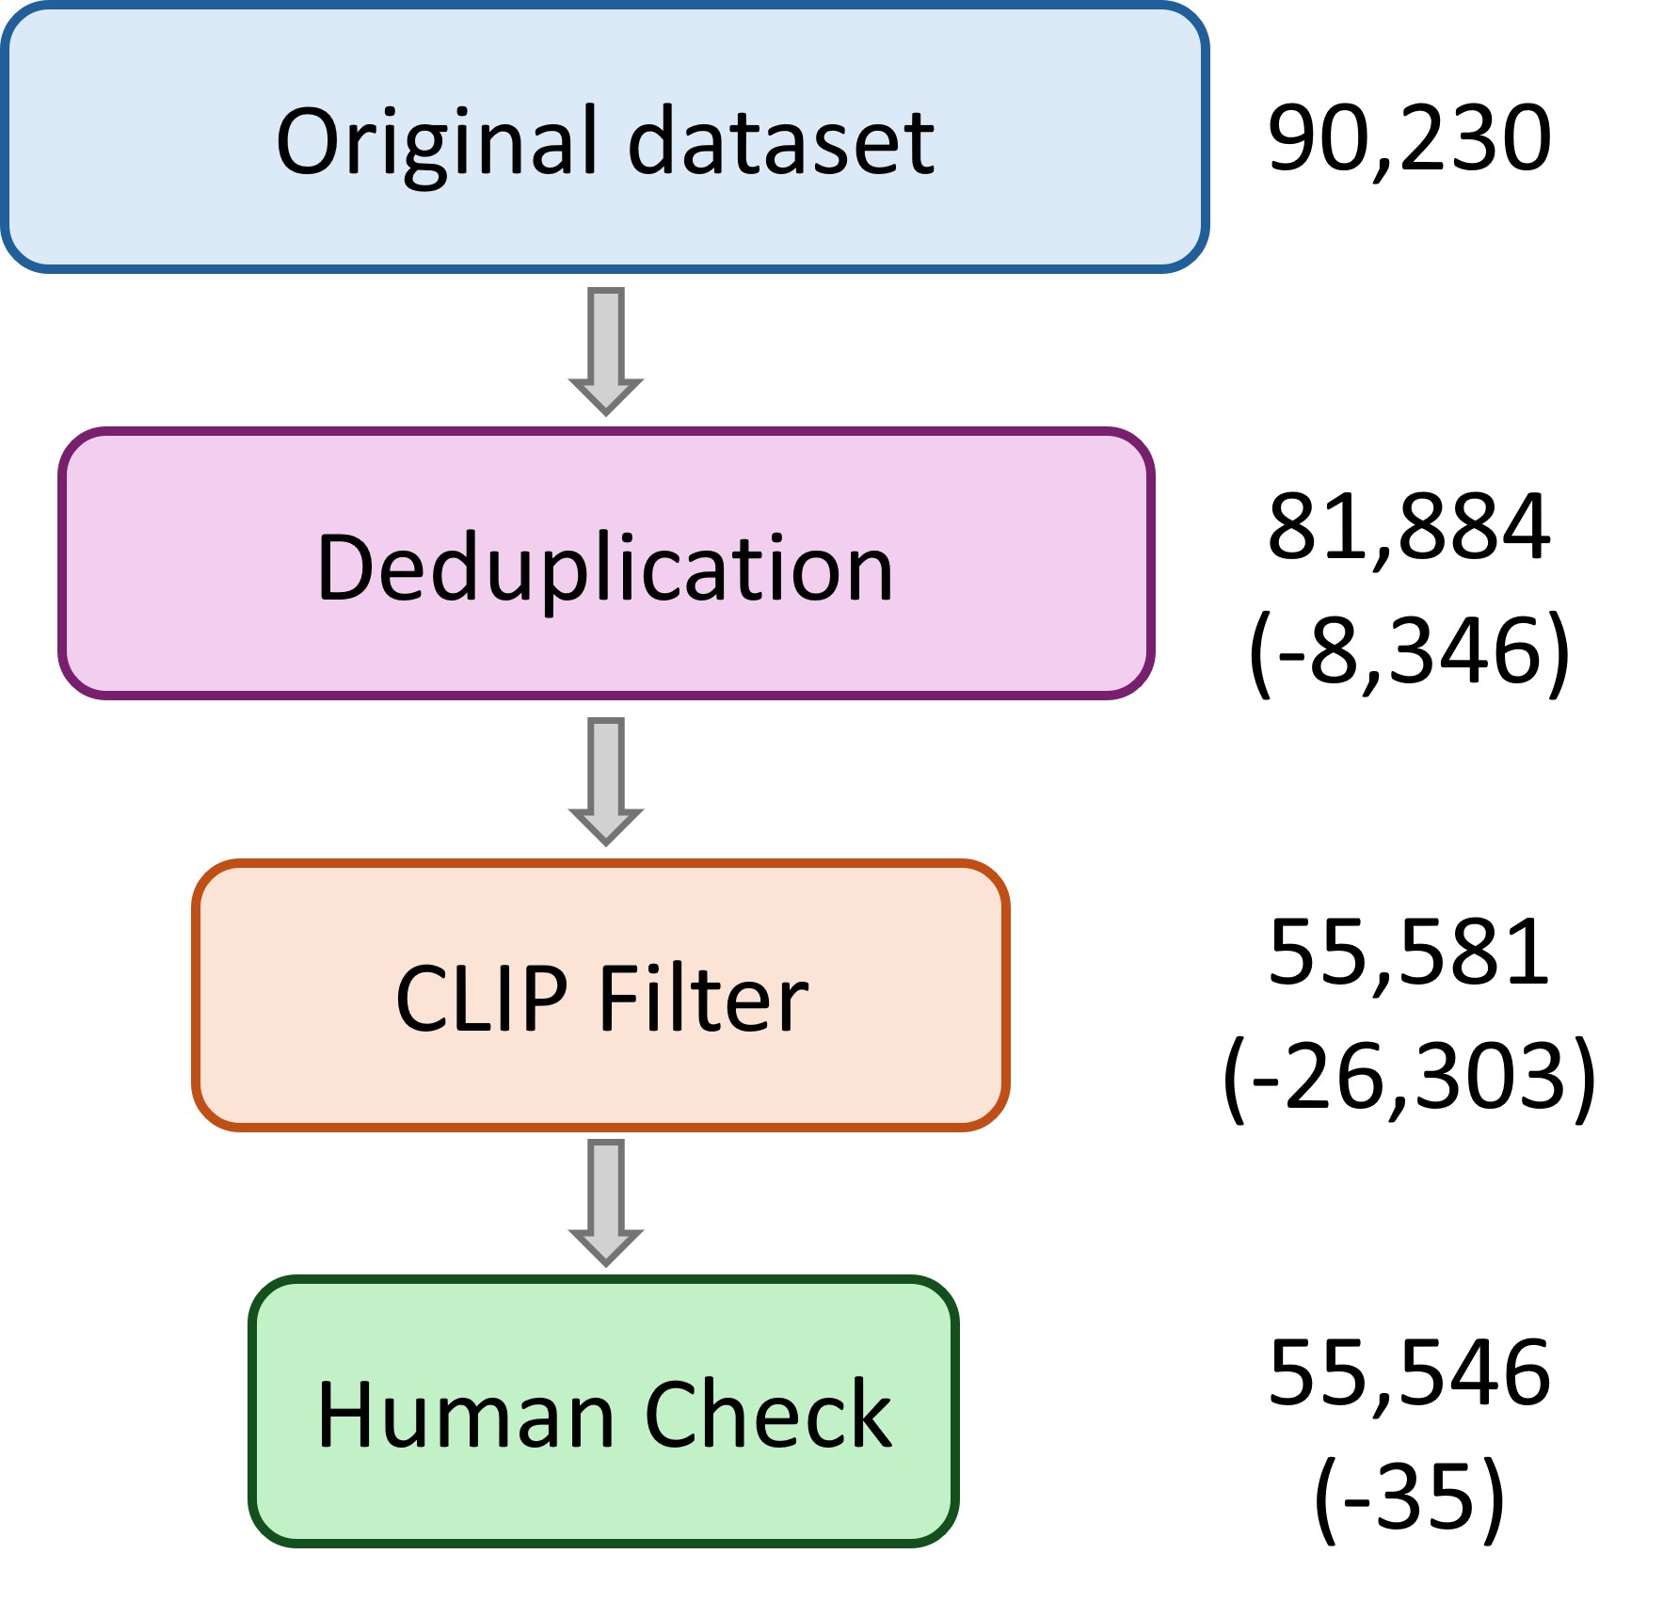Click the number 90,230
[x=1409, y=139]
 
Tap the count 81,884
[x=1409, y=527]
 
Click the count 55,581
[x=1409, y=953]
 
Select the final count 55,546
[x=1409, y=1373]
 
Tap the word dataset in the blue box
[x=781, y=141]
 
